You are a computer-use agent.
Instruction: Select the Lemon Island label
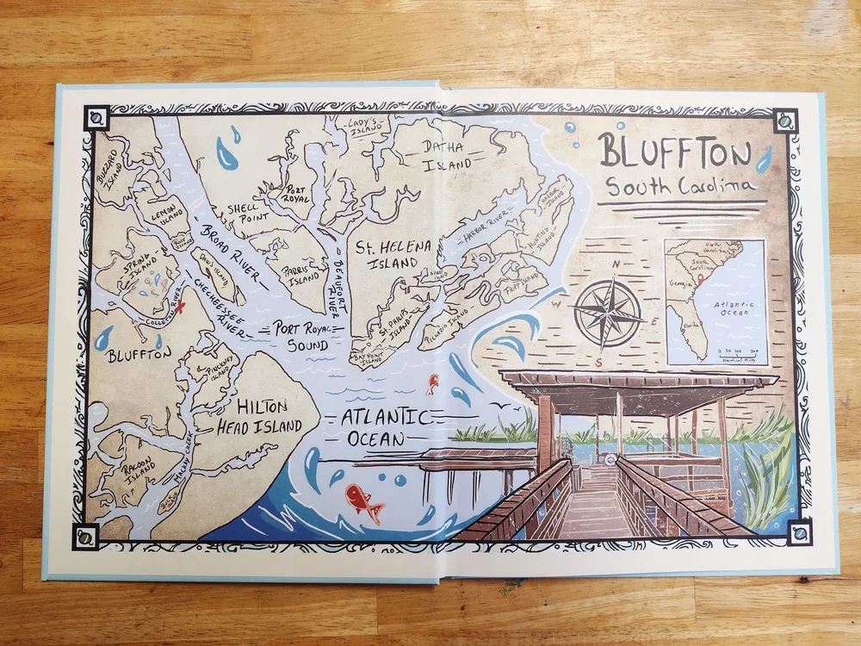(x=164, y=213)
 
